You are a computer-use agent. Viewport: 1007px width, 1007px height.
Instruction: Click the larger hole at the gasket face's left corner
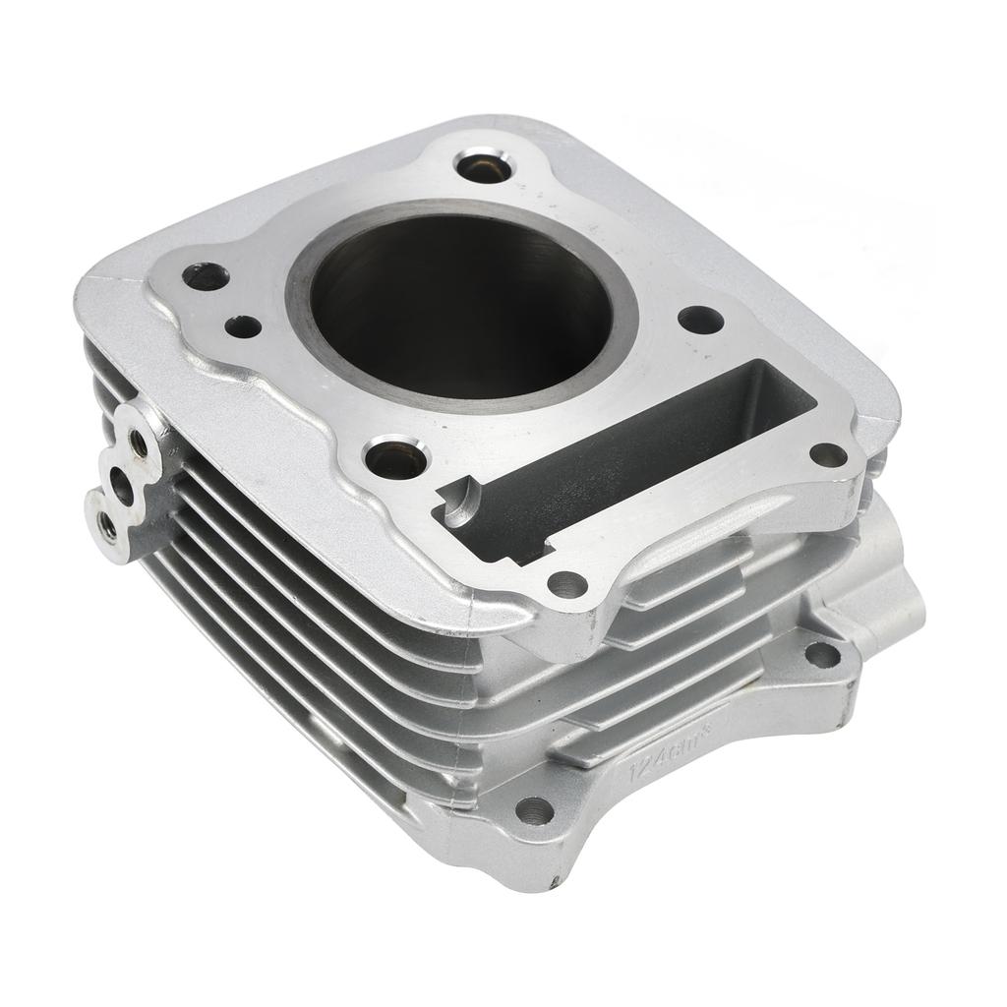coord(207,276)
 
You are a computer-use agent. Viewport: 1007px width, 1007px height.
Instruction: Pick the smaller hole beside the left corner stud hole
coord(243,326)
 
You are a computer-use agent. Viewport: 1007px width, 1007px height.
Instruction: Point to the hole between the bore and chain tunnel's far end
coord(700,320)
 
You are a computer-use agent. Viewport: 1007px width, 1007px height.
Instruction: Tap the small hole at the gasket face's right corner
coord(828,454)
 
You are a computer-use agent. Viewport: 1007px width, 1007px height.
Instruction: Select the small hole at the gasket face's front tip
coord(567,585)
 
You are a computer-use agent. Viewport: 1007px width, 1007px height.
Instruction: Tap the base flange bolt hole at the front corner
coord(534,810)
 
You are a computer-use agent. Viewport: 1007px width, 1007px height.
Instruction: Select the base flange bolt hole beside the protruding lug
coord(822,654)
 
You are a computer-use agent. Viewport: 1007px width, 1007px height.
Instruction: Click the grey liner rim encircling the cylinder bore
coord(295,295)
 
